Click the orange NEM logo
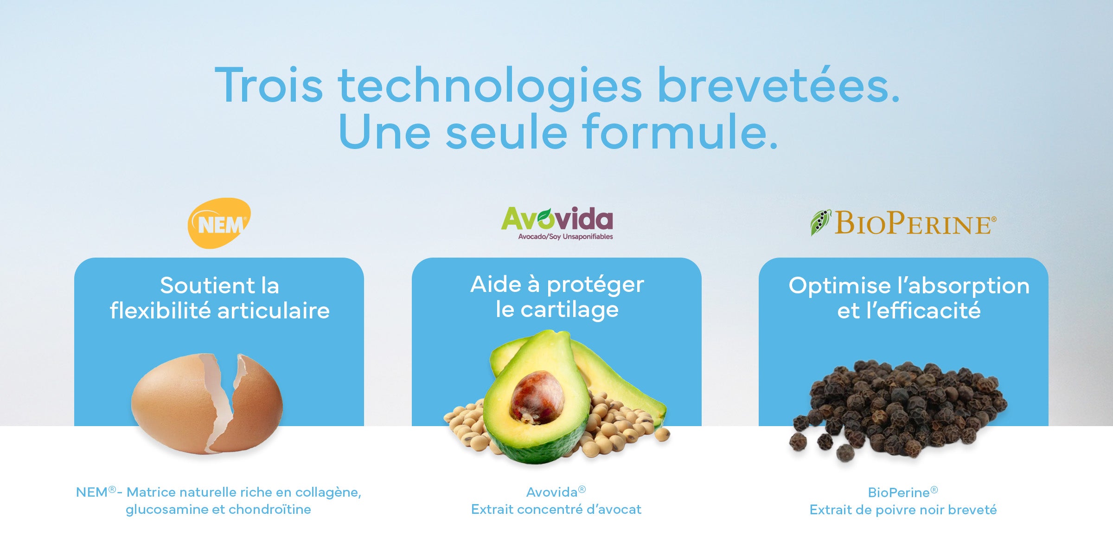[219, 223]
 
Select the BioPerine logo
[903, 223]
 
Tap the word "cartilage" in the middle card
[569, 310]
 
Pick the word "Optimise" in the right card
[839, 285]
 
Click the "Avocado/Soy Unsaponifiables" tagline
[565, 237]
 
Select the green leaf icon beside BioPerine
[820, 222]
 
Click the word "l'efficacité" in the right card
[923, 310]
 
